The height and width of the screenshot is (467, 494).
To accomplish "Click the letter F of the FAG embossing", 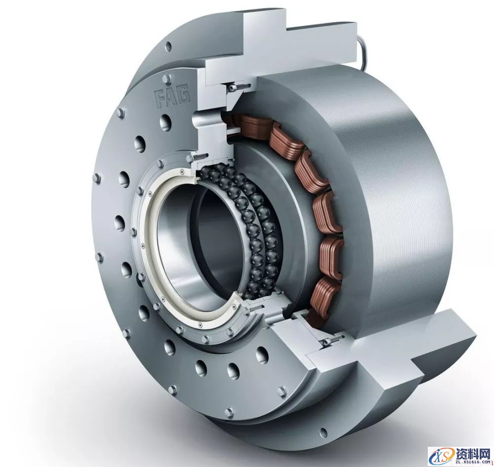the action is tap(160, 98).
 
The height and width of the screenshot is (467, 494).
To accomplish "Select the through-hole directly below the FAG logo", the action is tap(165, 122).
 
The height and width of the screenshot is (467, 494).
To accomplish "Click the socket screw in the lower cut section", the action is tap(331, 341).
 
